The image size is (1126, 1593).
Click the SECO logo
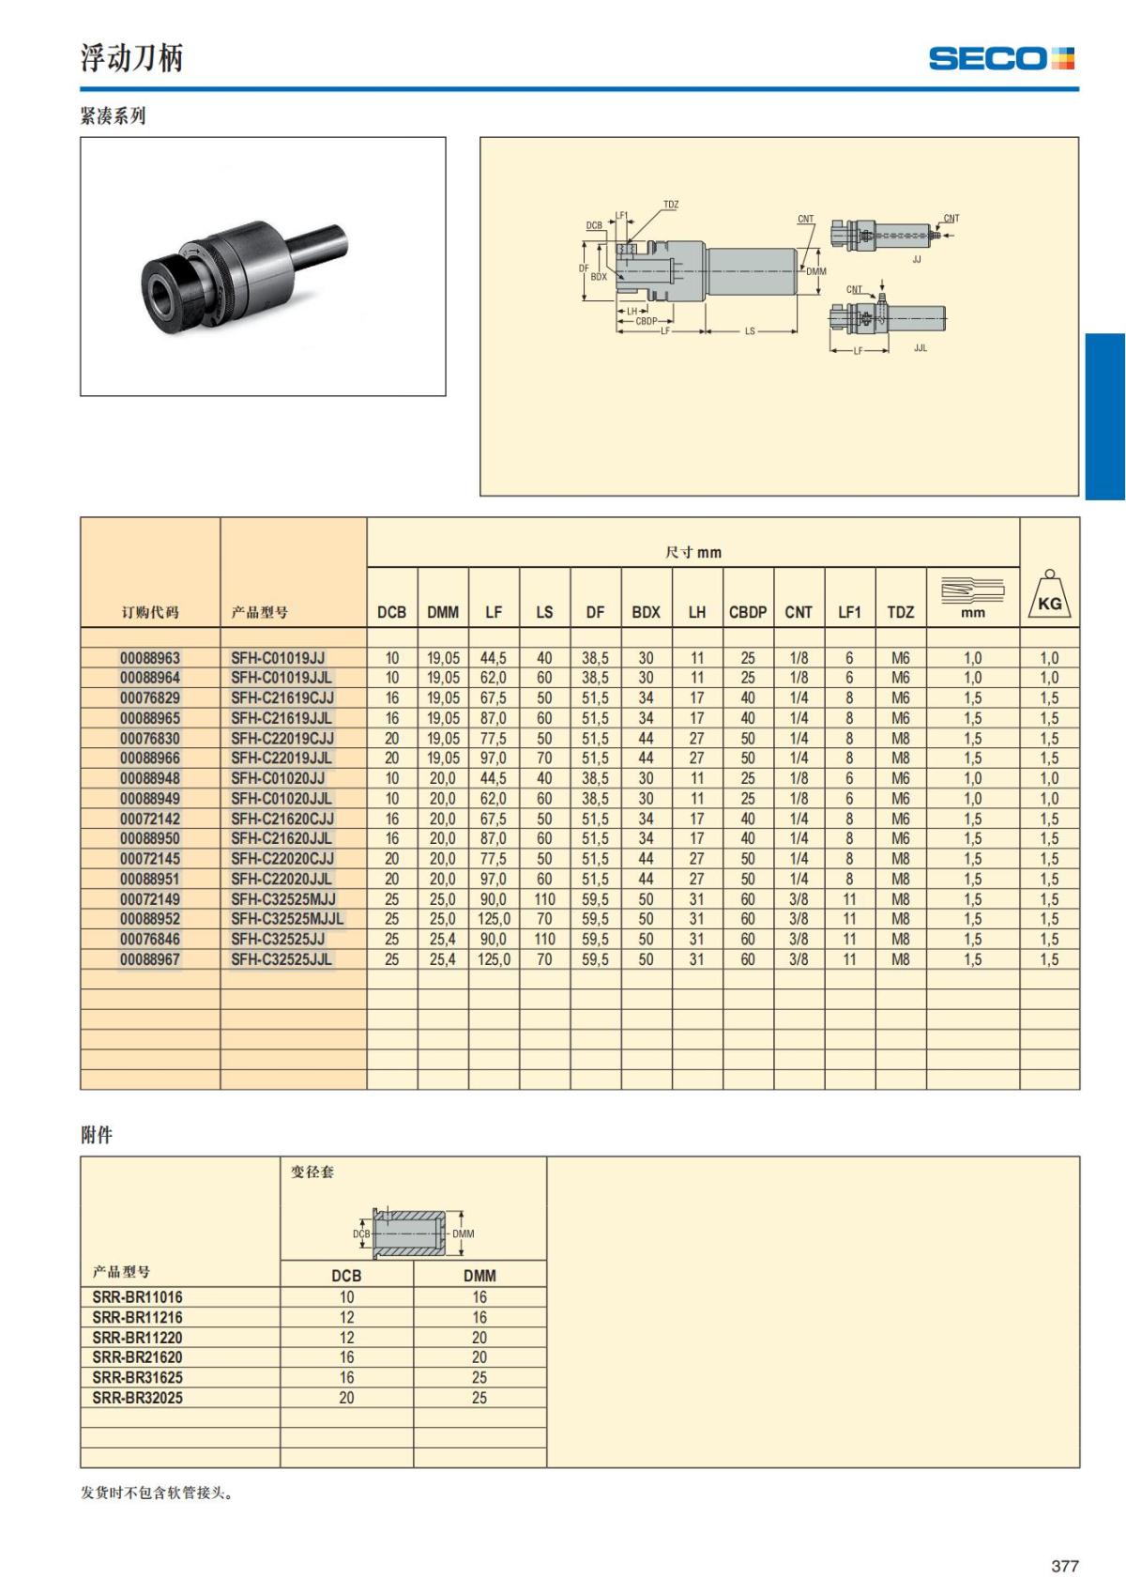tap(1001, 58)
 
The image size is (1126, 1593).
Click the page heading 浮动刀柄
tap(131, 57)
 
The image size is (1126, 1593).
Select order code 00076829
tap(150, 697)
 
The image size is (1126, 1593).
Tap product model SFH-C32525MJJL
tap(287, 919)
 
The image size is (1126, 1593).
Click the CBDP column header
tap(748, 612)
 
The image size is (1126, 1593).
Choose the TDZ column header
tap(901, 612)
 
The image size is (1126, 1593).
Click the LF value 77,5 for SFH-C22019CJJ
tap(494, 738)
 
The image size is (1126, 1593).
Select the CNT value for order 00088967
tap(799, 959)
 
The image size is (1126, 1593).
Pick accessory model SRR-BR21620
tap(137, 1356)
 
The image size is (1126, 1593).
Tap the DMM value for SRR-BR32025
tap(479, 1398)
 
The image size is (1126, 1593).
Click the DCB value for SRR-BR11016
tap(346, 1297)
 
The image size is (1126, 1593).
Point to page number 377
tap(1065, 1566)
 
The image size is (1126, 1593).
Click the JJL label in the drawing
tap(921, 347)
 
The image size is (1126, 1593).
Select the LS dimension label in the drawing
tap(750, 331)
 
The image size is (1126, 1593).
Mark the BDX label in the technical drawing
tap(599, 277)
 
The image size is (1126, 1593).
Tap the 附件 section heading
tap(97, 1135)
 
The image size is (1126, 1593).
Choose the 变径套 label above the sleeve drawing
tap(312, 1172)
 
